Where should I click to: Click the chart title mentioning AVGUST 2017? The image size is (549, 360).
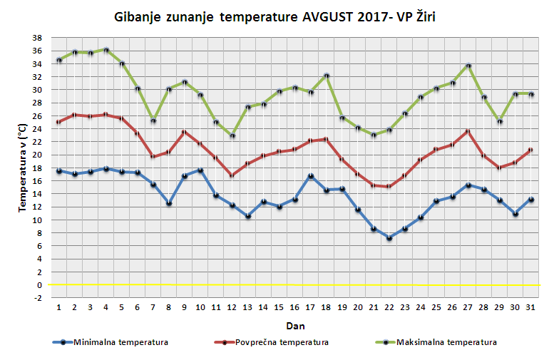[274, 16]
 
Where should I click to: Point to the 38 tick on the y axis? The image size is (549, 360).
[37, 38]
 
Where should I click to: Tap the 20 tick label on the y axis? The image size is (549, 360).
[37, 155]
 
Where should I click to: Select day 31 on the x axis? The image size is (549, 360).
[531, 307]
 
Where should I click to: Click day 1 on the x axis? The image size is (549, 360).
[59, 307]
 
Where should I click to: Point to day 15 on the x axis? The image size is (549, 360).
[279, 307]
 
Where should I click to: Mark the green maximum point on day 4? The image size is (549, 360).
[106, 50]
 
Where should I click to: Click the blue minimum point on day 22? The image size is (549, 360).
[389, 238]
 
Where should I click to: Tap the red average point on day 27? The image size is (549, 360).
[468, 131]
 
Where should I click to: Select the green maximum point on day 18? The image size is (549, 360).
[327, 76]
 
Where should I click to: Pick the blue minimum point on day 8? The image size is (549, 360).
[169, 203]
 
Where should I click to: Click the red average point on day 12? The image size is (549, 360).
[232, 175]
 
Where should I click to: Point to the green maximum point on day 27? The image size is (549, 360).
[468, 66]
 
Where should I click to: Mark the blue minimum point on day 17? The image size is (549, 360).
[311, 176]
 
